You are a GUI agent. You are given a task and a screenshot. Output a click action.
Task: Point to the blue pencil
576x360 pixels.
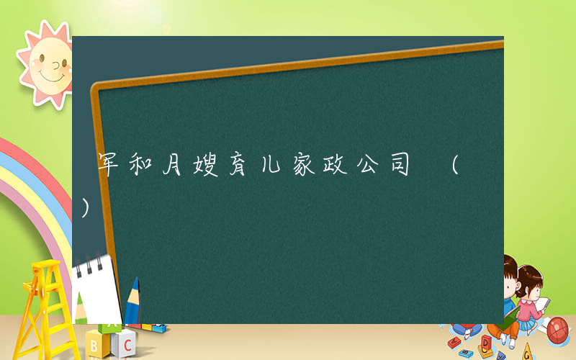coord(132,302)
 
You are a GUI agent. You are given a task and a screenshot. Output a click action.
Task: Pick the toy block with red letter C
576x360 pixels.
coord(125,341)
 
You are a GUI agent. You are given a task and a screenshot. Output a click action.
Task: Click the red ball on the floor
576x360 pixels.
coord(558,330)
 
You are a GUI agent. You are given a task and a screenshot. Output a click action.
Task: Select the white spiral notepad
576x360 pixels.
coord(97,288)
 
